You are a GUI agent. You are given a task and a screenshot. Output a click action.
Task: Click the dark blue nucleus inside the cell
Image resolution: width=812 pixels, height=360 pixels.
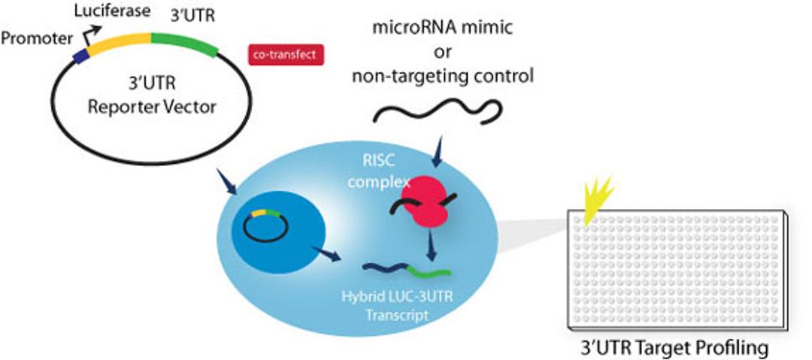tap(277, 226)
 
